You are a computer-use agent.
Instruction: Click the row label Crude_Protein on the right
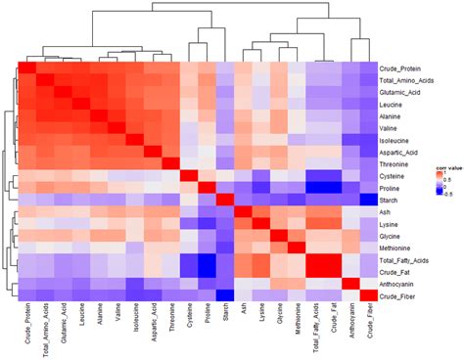[x=402, y=68]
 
